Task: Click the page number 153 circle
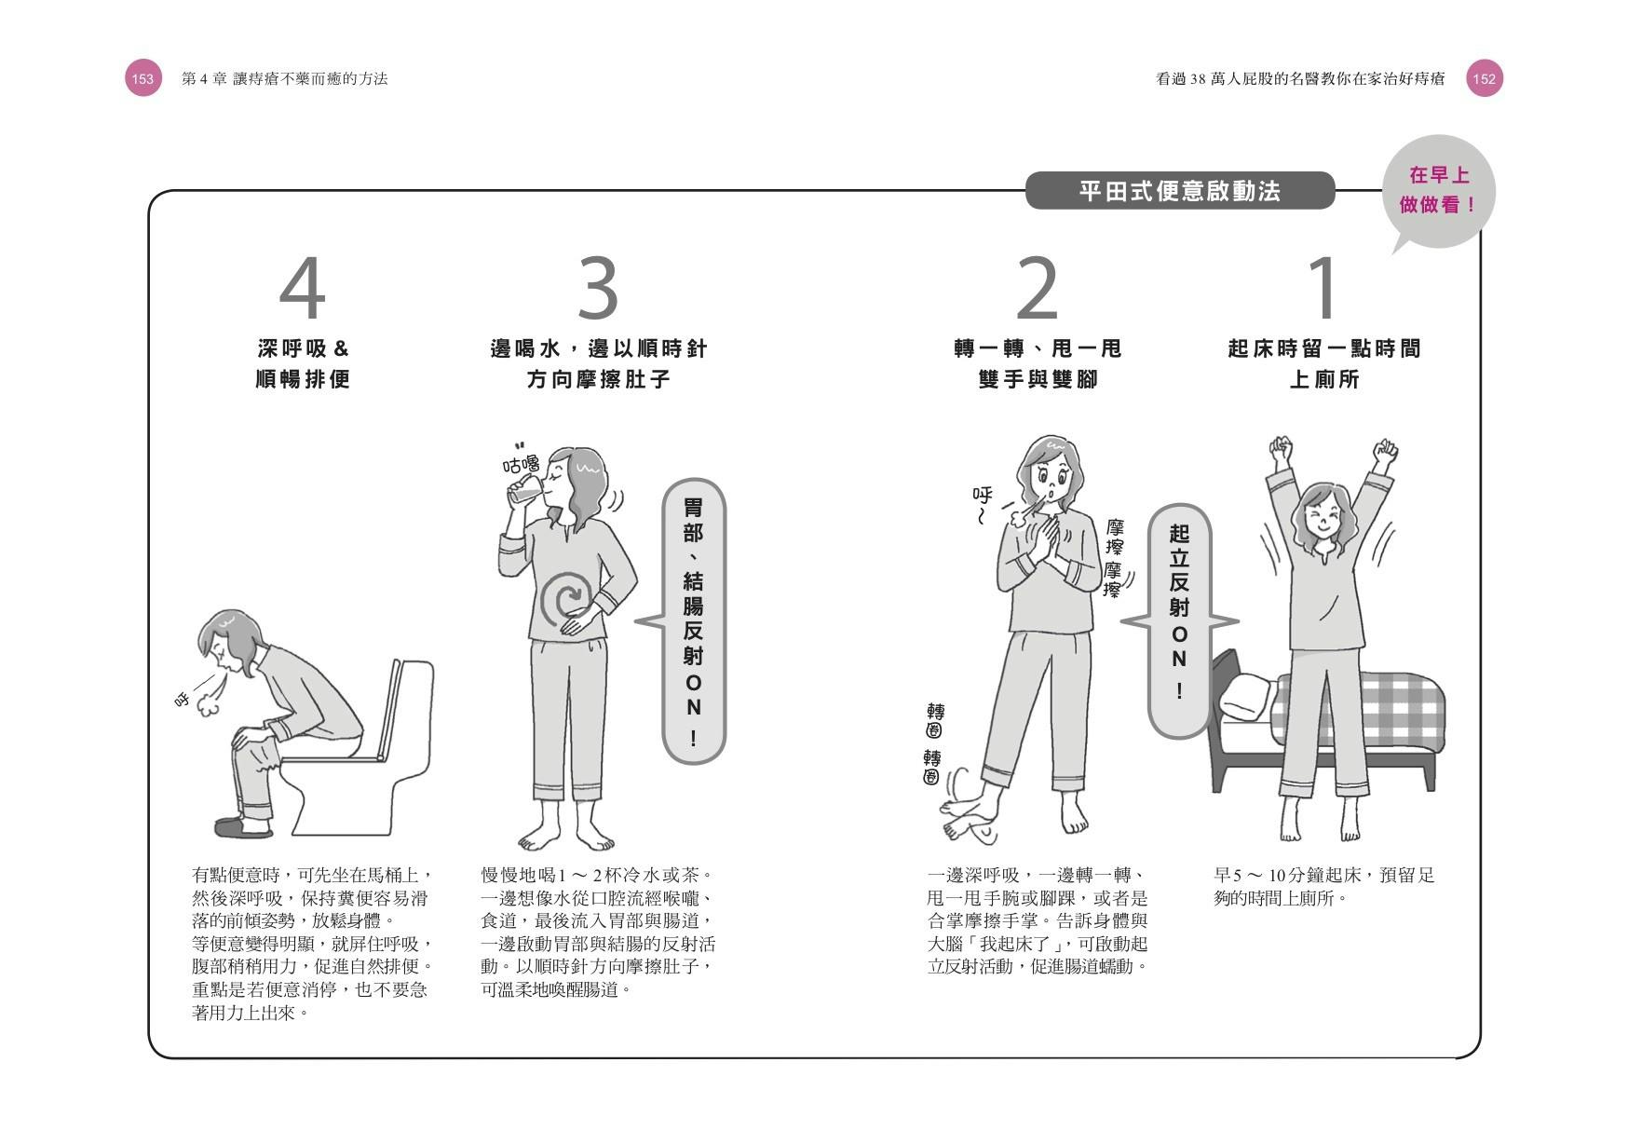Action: pos(142,79)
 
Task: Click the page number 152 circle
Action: pos(1485,79)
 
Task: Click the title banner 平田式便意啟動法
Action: pos(1180,191)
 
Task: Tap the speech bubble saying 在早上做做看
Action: pos(1439,191)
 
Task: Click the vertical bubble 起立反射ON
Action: pos(1179,620)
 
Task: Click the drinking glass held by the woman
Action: pos(527,489)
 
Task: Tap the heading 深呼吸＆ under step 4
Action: pos(303,348)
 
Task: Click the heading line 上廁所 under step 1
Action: pos(1323,379)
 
